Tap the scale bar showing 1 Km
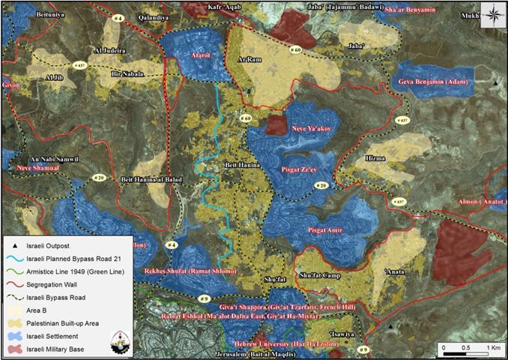coord(470,349)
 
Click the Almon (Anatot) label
coord(479,203)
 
